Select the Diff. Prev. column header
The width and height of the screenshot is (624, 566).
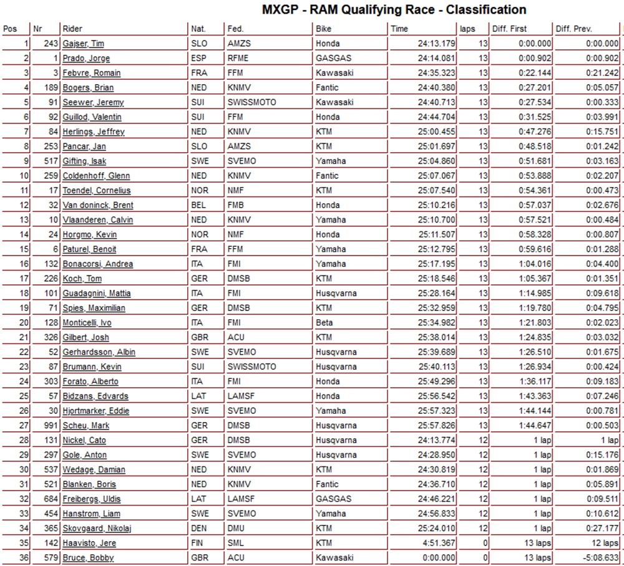click(574, 29)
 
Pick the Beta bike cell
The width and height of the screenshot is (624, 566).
click(324, 322)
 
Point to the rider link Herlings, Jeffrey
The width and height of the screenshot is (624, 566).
click(93, 132)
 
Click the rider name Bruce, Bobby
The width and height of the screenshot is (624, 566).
click(88, 557)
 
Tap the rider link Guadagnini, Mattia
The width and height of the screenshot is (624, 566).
click(96, 293)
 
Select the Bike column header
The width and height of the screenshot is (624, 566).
click(324, 29)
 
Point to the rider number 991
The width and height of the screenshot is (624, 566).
click(51, 425)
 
